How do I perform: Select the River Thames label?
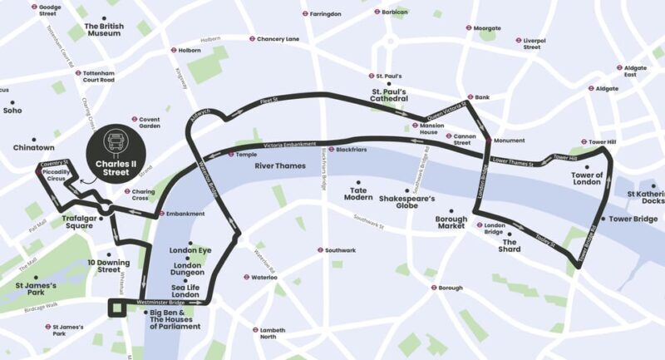click(280, 166)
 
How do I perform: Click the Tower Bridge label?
click(633, 219)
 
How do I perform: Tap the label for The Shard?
click(510, 245)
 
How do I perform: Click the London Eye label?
click(190, 250)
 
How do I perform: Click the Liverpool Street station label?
click(533, 43)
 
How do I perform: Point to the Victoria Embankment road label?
click(289, 145)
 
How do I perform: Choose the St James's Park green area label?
click(35, 290)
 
